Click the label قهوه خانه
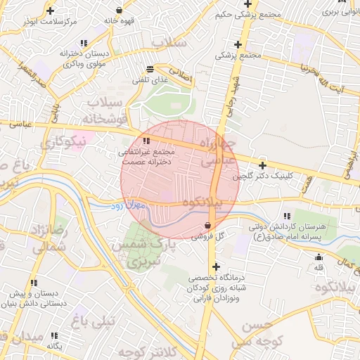119,21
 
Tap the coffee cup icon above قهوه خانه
119,11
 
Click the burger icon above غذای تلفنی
150,69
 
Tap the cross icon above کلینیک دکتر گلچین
262,165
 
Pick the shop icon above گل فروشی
208,226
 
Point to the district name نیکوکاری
61,142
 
